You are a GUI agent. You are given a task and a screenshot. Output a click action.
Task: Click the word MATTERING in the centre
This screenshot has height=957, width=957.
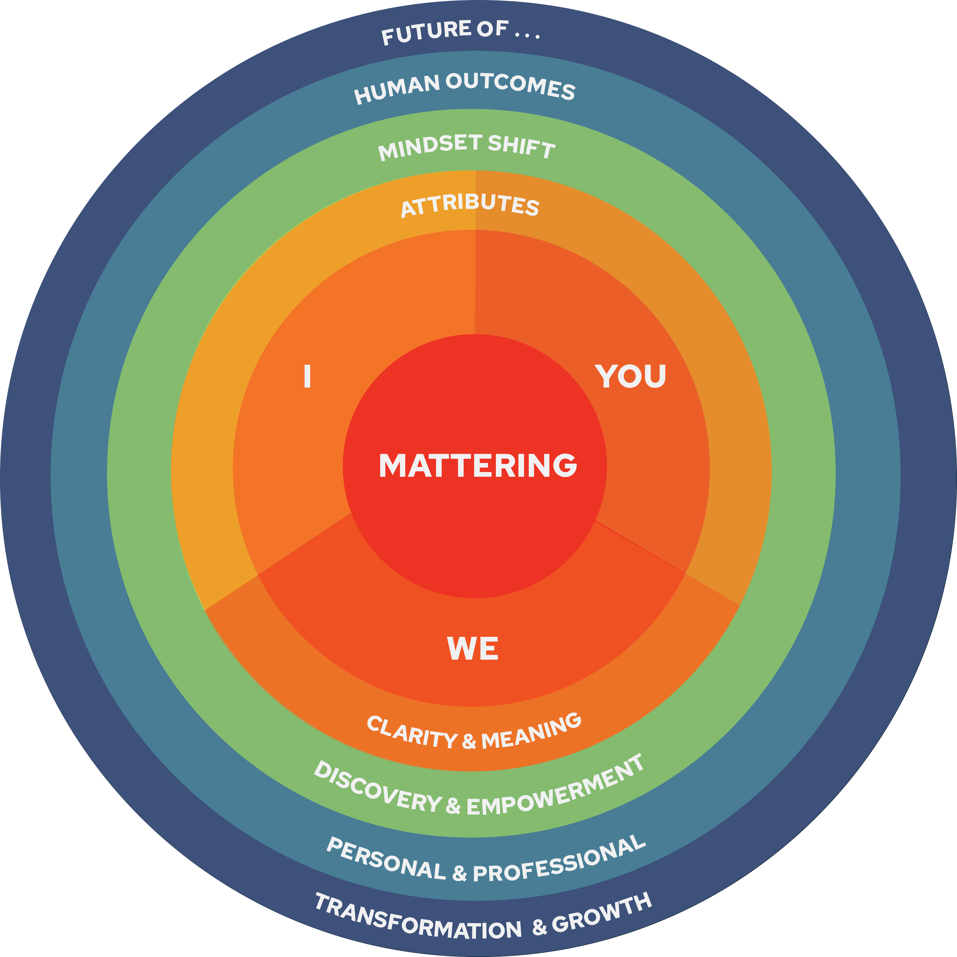pyautogui.click(x=478, y=465)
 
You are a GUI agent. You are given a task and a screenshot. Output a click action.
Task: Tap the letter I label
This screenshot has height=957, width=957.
pyautogui.click(x=307, y=376)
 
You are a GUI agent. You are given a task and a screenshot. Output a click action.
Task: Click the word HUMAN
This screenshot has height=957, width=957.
pyautogui.click(x=397, y=89)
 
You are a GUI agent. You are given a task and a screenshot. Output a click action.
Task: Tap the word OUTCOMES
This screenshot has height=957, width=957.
pyautogui.click(x=510, y=85)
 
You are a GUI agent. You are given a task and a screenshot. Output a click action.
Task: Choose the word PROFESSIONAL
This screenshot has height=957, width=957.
pyautogui.click(x=560, y=859)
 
